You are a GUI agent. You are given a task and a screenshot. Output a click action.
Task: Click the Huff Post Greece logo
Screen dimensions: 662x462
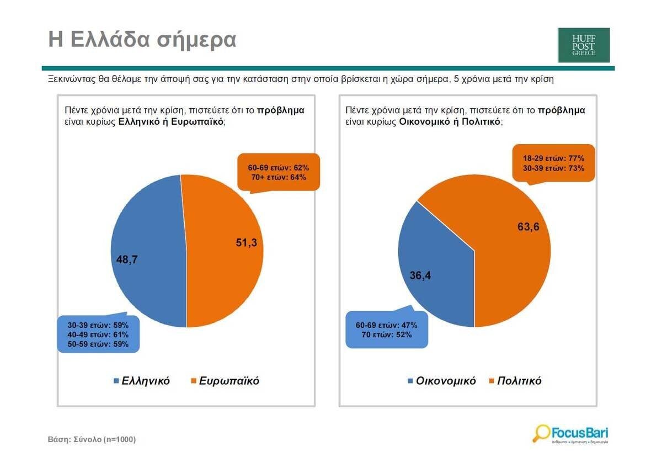pyautogui.click(x=584, y=45)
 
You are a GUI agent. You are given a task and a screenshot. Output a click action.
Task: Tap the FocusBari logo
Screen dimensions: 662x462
pyautogui.click(x=570, y=434)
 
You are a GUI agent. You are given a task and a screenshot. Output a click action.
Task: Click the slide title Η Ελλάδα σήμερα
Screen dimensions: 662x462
pyautogui.click(x=142, y=40)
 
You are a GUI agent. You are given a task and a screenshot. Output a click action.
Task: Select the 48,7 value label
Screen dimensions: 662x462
pyautogui.click(x=127, y=259)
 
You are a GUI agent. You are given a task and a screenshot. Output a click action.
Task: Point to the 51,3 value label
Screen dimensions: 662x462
pyautogui.click(x=246, y=242)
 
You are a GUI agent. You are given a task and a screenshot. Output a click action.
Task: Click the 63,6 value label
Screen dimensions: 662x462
pyautogui.click(x=528, y=226)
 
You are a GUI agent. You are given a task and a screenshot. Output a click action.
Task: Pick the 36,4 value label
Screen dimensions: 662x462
pyautogui.click(x=420, y=275)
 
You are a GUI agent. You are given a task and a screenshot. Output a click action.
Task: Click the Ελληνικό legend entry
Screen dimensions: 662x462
pyautogui.click(x=142, y=381)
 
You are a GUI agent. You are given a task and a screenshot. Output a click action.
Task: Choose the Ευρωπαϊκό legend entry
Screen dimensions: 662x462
pyautogui.click(x=226, y=381)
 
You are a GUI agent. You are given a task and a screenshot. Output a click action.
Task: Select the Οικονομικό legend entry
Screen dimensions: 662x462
pyautogui.click(x=442, y=381)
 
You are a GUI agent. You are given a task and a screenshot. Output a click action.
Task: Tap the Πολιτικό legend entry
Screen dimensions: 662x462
pyautogui.click(x=516, y=381)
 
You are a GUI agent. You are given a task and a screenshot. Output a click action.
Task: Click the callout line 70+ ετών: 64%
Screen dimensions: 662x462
pyautogui.click(x=279, y=177)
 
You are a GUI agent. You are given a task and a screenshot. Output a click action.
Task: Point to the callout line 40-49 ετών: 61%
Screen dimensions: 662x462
pyautogui.click(x=98, y=334)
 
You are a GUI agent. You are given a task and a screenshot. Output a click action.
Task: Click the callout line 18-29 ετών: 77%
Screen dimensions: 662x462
pyautogui.click(x=553, y=158)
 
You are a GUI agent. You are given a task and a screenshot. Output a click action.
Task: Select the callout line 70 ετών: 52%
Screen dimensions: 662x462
pyautogui.click(x=387, y=334)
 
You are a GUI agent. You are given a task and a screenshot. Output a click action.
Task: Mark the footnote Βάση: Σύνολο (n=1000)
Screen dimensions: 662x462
pyautogui.click(x=92, y=439)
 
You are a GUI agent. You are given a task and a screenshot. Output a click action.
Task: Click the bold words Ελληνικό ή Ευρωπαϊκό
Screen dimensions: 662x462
pyautogui.click(x=171, y=121)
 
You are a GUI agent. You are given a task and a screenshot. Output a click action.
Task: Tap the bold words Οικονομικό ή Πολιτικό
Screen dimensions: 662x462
pyautogui.click(x=450, y=121)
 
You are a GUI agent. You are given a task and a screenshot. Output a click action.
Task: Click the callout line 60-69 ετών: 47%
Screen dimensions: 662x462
pyautogui.click(x=387, y=325)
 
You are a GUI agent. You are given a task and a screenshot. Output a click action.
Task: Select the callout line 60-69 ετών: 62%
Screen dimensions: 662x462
pyautogui.click(x=279, y=168)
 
